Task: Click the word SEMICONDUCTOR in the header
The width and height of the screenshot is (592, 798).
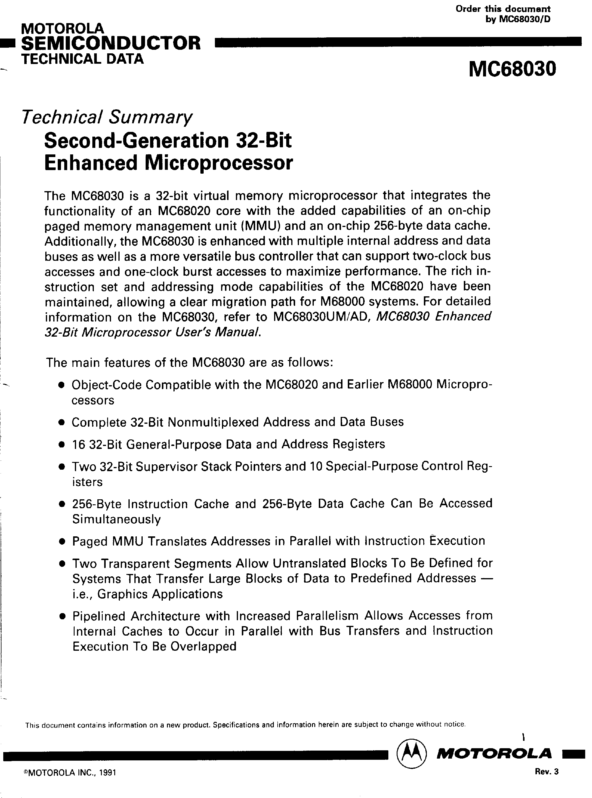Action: click(x=111, y=43)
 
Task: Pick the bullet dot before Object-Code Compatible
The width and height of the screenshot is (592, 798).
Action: click(x=62, y=385)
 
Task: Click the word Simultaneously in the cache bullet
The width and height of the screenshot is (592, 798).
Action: click(x=116, y=519)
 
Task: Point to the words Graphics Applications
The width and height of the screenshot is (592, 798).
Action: click(x=160, y=594)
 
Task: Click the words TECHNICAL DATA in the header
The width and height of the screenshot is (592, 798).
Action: click(x=82, y=59)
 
